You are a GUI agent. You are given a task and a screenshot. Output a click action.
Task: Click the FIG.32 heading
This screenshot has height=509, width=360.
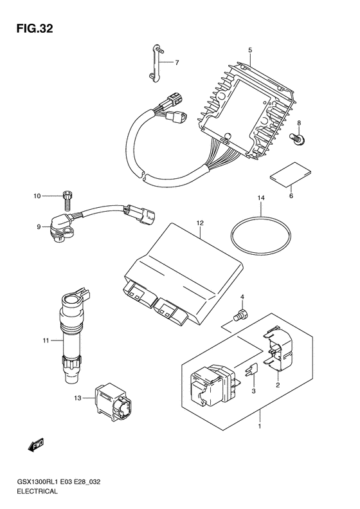[x=34, y=29]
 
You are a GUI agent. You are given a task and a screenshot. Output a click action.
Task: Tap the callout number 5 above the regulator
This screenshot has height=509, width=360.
[x=250, y=50]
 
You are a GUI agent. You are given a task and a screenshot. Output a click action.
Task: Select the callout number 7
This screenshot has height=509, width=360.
[x=177, y=62]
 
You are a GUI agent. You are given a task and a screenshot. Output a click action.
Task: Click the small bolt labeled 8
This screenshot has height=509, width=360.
[x=296, y=138]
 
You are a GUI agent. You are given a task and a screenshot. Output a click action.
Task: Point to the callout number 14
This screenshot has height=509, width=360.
[x=261, y=198]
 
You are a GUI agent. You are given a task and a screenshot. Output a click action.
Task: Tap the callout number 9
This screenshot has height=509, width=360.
[x=39, y=227]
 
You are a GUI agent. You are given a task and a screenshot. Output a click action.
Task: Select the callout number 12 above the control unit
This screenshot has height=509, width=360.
[x=200, y=223]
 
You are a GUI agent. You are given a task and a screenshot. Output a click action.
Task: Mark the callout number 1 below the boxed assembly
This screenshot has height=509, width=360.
[x=260, y=426]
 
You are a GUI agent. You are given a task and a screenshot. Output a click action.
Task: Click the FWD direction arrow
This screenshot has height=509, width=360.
[x=35, y=445]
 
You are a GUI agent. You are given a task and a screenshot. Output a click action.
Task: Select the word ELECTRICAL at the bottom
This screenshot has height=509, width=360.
[x=37, y=491]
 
